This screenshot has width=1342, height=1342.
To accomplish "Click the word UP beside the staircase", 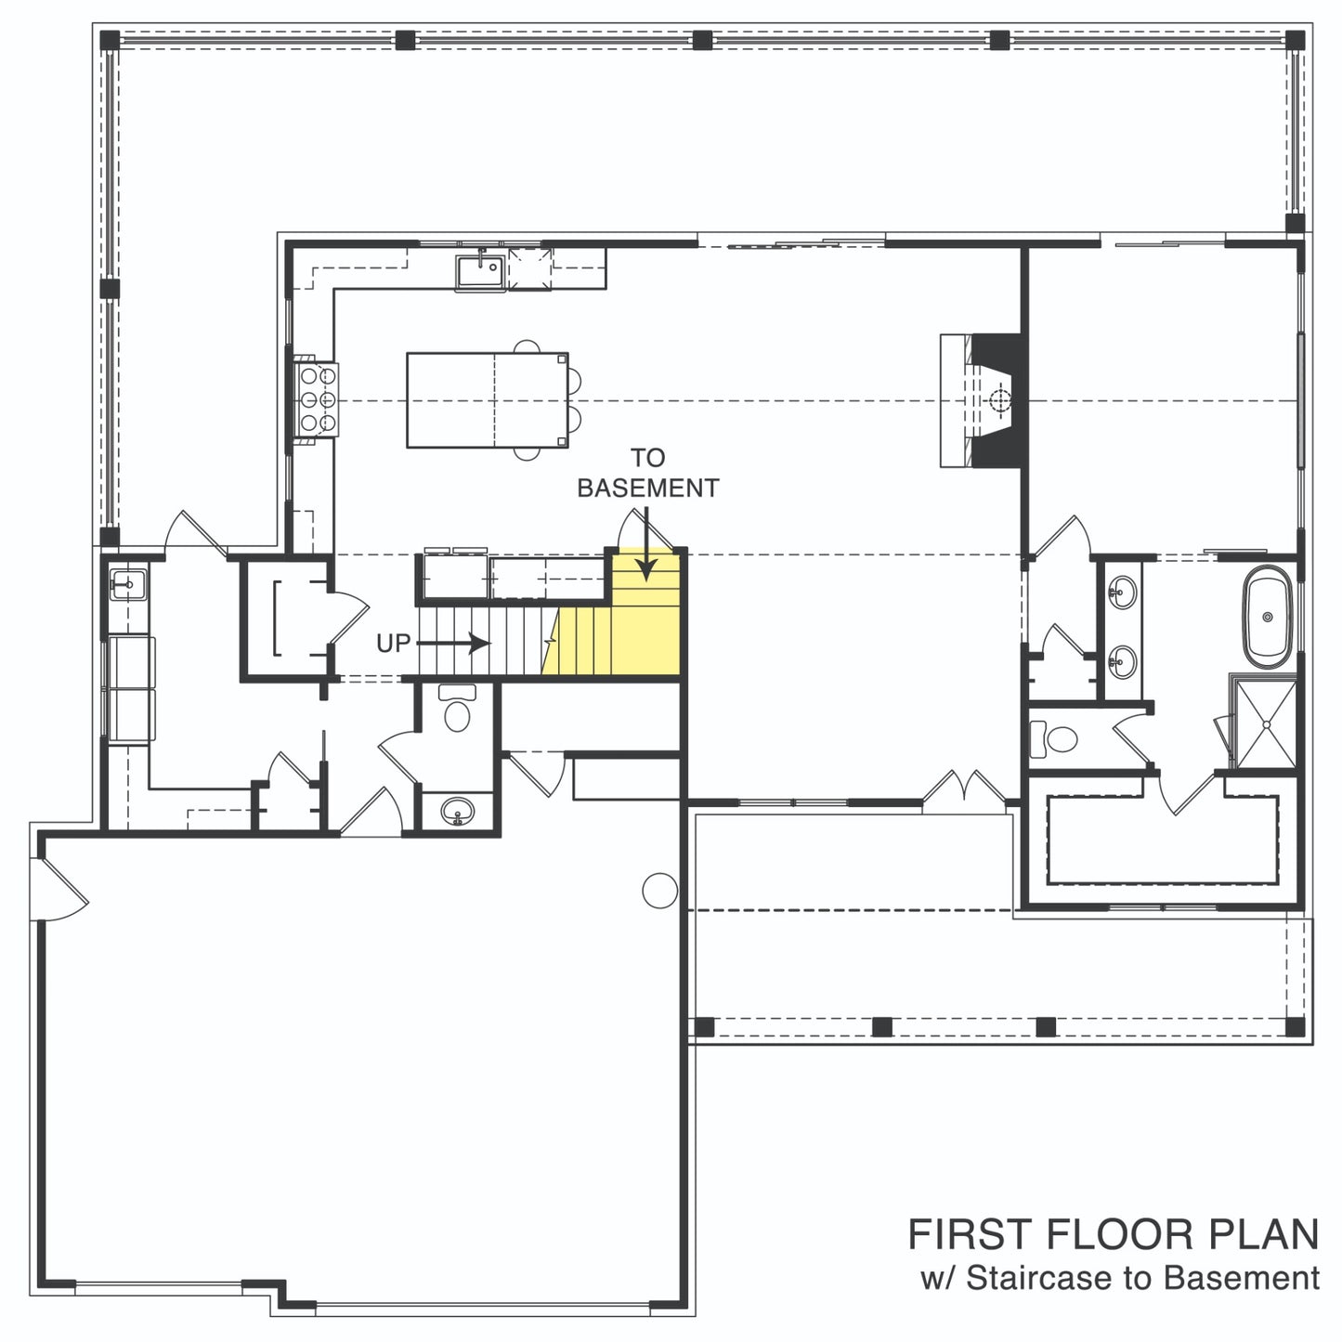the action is tap(394, 643).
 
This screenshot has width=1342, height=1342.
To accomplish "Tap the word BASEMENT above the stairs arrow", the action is tap(648, 489).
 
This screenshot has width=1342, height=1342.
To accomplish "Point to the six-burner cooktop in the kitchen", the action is tap(318, 399).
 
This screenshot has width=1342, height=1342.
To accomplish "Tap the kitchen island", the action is tap(488, 399).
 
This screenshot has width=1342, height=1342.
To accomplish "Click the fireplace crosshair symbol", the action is tap(1000, 400).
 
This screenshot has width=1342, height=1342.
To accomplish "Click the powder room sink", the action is tap(458, 812).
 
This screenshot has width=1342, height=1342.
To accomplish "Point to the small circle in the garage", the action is tap(659, 890).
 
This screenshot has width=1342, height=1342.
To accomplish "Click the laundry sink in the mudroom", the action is tap(127, 584).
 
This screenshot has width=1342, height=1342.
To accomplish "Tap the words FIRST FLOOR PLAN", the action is tap(1113, 1235).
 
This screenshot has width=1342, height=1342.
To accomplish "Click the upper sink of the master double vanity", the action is tap(1122, 593).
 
